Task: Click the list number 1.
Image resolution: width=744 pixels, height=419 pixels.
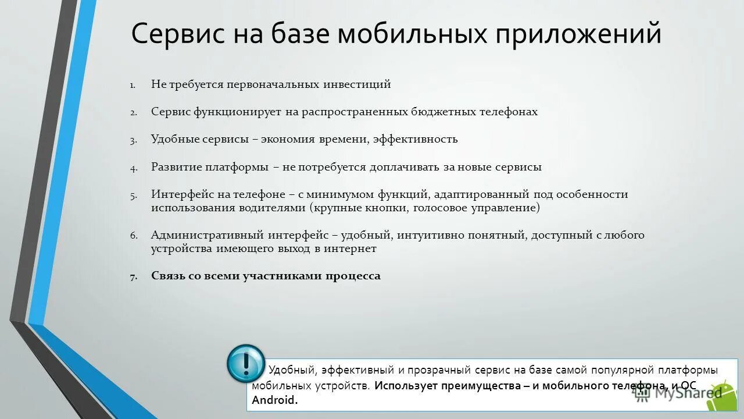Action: click(133, 85)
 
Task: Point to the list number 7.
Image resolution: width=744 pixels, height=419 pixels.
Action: click(133, 276)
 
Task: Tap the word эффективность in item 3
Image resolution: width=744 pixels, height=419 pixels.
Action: click(415, 140)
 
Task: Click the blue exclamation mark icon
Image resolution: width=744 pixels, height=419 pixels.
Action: click(245, 364)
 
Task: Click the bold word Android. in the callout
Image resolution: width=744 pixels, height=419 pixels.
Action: click(274, 400)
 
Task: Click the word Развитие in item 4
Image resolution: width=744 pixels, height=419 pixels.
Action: click(176, 167)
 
